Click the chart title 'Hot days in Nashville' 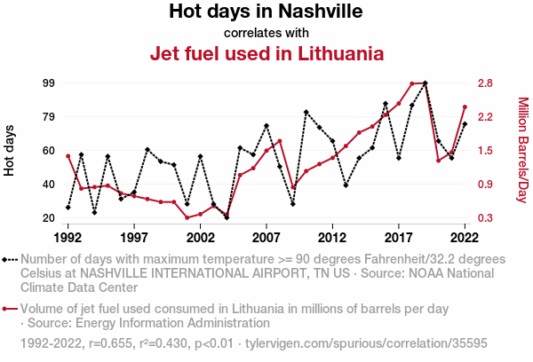click(266, 12)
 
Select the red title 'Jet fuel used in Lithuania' click(266, 53)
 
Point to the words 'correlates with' click(266, 33)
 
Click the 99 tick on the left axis click(48, 83)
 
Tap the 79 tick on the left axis click(48, 117)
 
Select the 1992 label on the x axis click(68, 238)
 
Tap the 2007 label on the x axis click(266, 238)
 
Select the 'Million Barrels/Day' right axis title click(522, 150)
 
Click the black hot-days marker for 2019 click(426, 83)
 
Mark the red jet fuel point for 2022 click(465, 107)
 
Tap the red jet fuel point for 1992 click(68, 156)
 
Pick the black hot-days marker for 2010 click(306, 112)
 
